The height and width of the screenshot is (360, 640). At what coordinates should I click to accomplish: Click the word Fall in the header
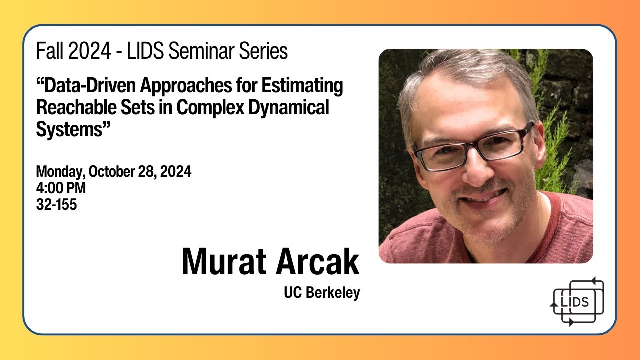pyautogui.click(x=48, y=51)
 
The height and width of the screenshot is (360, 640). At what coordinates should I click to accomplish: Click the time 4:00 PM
pyautogui.click(x=61, y=188)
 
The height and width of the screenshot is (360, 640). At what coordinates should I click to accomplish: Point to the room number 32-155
pyautogui.click(x=56, y=204)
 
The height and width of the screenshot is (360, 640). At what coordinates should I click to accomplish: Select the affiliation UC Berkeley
pyautogui.click(x=322, y=293)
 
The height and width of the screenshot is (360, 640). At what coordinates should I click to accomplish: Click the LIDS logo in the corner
pyautogui.click(x=577, y=301)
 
